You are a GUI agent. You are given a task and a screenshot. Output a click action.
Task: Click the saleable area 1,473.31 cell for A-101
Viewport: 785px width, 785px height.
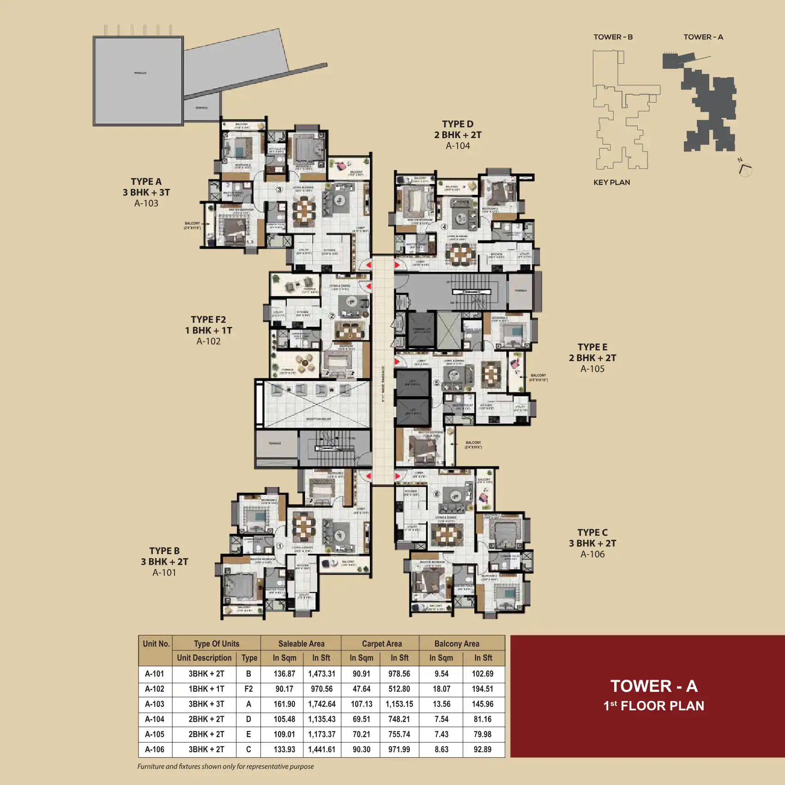pos(322,674)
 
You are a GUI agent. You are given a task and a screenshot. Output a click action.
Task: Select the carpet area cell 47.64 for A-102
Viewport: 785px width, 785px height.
pos(361,689)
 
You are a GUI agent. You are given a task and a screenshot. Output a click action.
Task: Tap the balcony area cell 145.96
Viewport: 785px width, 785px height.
pos(483,704)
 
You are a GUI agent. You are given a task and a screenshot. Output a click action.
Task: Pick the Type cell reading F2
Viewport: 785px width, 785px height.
pos(248,689)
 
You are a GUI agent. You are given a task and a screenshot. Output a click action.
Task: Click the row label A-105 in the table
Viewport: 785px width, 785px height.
pos(155,734)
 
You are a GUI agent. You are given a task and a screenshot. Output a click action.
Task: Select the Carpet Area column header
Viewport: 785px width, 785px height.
pos(381,644)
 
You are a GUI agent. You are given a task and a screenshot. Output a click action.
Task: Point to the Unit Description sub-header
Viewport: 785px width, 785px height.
pos(204,658)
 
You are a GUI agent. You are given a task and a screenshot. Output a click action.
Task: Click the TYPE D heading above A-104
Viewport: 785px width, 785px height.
pos(458,124)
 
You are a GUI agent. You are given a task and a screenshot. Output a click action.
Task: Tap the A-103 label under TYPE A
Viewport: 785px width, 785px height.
pos(146,203)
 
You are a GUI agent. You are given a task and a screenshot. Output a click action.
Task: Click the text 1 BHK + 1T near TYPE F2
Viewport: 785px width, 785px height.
pos(208,331)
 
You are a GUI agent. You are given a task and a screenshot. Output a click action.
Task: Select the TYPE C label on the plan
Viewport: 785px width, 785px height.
pos(592,532)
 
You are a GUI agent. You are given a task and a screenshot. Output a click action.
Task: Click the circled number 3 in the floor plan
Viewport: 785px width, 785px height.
pos(279,190)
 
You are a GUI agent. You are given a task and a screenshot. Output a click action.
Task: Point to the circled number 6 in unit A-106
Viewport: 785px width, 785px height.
pos(437,494)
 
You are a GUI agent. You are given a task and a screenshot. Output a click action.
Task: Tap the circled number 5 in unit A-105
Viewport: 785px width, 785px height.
pos(437,383)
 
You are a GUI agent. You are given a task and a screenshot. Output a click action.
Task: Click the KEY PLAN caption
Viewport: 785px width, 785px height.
pos(611,182)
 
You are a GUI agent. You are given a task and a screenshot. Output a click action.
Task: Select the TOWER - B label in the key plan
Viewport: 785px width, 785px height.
pos(613,37)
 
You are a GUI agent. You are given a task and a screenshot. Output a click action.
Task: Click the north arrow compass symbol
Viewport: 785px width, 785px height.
pos(745,169)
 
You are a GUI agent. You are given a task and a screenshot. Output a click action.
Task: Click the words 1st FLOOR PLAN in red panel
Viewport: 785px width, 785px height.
pos(653,706)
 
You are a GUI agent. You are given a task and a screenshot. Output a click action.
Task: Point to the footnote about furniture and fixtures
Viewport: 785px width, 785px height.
pos(225,767)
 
